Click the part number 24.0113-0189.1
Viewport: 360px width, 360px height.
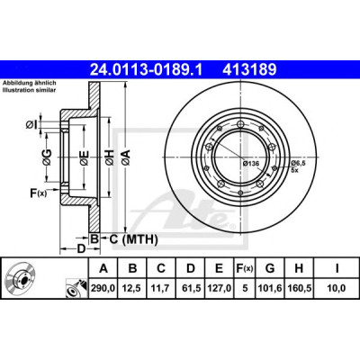click(147, 70)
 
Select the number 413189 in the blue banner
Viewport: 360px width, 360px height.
click(249, 70)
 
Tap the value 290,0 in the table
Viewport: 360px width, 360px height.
click(103, 288)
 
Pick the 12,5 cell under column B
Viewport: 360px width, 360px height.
click(132, 288)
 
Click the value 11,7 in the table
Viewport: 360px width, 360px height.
click(161, 288)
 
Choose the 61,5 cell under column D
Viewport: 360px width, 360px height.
click(191, 288)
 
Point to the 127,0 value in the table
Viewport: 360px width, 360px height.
click(220, 288)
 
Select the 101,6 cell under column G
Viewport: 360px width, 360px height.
click(270, 288)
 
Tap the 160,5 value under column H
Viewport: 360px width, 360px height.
click(299, 288)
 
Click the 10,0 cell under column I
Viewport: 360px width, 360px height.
click(336, 288)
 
